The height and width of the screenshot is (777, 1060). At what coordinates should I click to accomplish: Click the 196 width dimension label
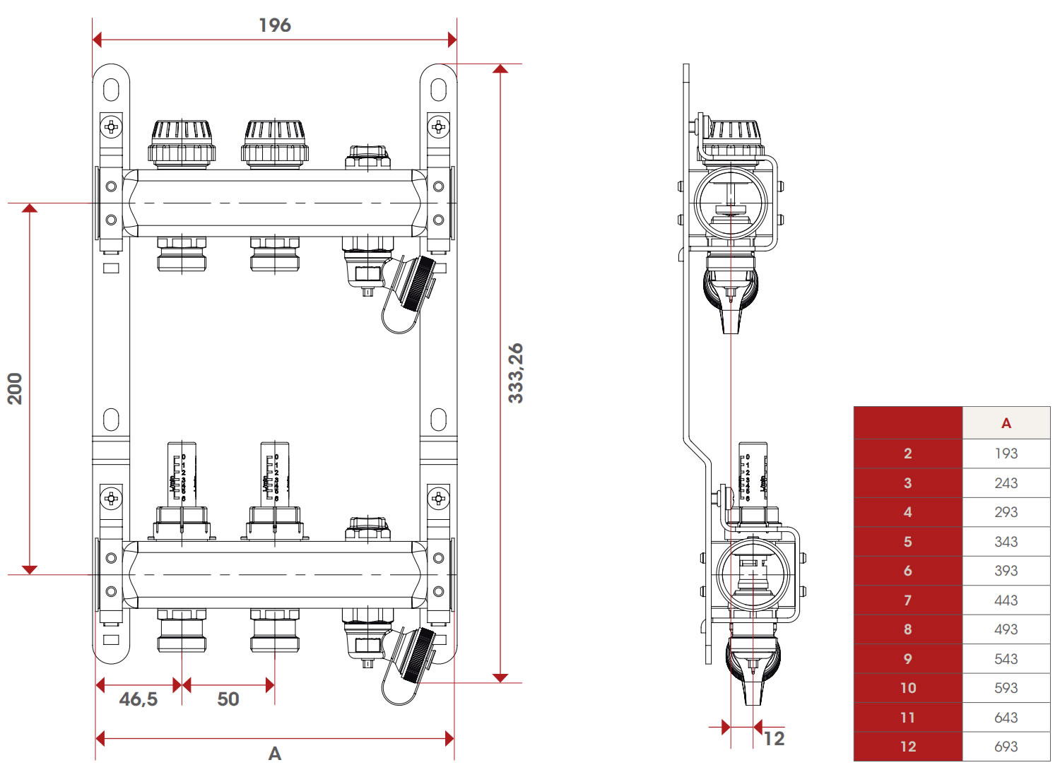[x=275, y=25]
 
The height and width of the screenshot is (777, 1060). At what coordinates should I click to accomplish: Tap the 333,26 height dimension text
[x=517, y=373]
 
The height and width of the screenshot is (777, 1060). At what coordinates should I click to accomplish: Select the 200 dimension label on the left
[x=15, y=389]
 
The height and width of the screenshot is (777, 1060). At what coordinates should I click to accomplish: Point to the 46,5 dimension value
[x=139, y=699]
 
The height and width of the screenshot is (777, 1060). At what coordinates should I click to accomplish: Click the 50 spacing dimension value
[x=228, y=699]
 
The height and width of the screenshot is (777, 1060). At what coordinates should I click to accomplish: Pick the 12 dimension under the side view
[x=775, y=739]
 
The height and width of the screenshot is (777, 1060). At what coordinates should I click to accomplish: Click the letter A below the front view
[x=275, y=754]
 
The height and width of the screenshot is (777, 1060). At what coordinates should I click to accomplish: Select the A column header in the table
[x=1006, y=424]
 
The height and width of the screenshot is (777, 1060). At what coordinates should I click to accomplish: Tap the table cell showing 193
[x=1006, y=453]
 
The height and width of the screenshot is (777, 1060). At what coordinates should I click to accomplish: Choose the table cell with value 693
[x=1006, y=747]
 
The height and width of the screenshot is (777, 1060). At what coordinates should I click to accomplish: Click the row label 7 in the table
[x=908, y=600]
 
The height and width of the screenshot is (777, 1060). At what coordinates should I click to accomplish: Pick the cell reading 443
[x=1006, y=600]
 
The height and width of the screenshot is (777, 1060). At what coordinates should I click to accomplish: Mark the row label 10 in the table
[x=908, y=688]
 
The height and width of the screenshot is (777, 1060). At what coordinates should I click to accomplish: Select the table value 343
[x=1006, y=542]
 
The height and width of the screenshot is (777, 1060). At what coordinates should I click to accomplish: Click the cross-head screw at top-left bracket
[x=112, y=127]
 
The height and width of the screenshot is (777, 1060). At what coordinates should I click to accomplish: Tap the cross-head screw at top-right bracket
[x=438, y=127]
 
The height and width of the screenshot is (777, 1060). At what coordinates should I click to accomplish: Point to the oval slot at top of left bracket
[x=111, y=90]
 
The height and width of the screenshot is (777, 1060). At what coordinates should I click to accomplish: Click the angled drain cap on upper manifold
[x=417, y=283]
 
